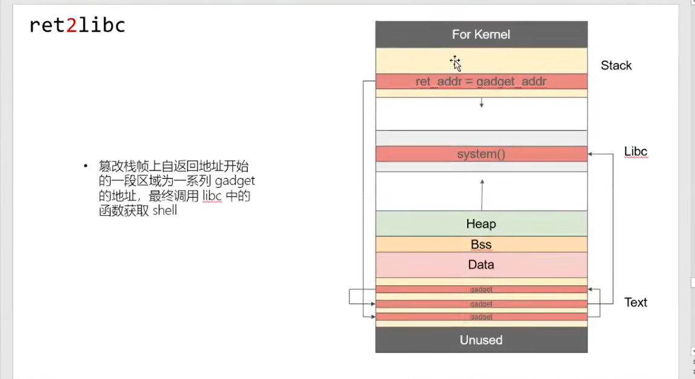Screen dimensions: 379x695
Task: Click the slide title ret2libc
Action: (x=77, y=25)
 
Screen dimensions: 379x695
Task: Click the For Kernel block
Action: (x=481, y=34)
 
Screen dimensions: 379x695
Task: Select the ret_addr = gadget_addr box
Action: (x=481, y=82)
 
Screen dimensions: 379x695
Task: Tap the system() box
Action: (x=481, y=154)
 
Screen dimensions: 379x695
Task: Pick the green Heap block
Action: (x=481, y=224)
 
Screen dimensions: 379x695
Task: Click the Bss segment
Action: (x=481, y=245)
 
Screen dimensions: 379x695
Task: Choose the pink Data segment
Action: (x=481, y=265)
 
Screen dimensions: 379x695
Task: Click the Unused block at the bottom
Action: (x=481, y=340)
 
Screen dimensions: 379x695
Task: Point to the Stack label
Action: (x=616, y=65)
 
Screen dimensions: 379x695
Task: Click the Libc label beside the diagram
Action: (x=636, y=151)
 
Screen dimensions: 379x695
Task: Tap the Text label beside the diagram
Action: (x=636, y=302)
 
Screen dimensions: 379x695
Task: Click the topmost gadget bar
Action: (x=481, y=290)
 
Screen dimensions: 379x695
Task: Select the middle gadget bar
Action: (x=481, y=304)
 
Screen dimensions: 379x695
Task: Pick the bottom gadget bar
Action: (x=481, y=317)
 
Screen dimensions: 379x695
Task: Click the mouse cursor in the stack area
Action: (x=455, y=63)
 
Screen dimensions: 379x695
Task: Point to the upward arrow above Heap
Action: (x=482, y=193)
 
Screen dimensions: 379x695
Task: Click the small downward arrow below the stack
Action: (x=482, y=103)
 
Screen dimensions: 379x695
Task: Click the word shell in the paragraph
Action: (x=165, y=212)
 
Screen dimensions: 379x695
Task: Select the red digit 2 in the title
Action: (x=71, y=25)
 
